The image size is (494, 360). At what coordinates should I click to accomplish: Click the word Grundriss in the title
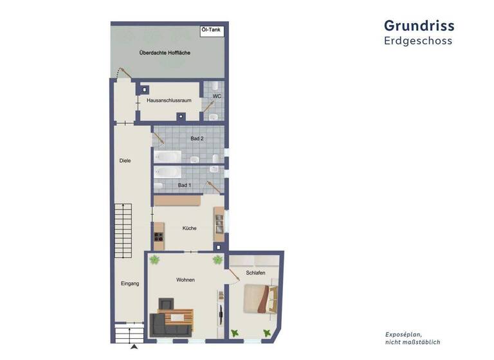tap(419, 26)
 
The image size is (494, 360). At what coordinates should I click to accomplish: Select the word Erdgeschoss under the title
tap(418, 41)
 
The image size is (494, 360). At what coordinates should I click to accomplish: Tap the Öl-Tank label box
tap(211, 30)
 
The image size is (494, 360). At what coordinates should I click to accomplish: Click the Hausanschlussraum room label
tap(169, 100)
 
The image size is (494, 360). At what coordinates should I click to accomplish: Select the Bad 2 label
tap(197, 138)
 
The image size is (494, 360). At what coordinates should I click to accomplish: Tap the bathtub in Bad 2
tap(167, 157)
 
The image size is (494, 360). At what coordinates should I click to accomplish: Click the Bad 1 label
tap(185, 185)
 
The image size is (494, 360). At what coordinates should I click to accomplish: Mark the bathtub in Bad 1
tap(167, 172)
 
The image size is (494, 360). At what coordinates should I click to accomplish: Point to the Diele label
tap(125, 161)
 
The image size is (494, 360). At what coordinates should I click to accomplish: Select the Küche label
tap(189, 228)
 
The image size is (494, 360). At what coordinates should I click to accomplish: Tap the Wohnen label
tap(186, 280)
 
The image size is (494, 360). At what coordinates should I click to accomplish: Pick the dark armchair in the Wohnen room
tap(167, 303)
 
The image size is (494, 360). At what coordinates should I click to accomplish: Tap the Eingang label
tap(129, 283)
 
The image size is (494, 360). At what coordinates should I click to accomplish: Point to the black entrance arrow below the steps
tap(134, 347)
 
